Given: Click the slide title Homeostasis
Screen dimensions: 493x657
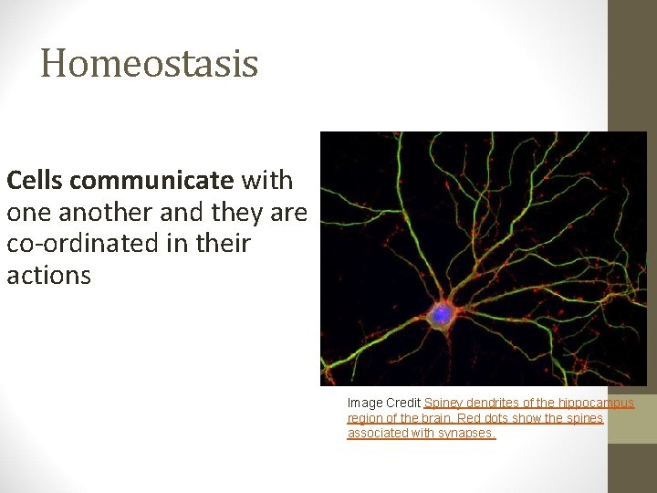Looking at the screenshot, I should click(150, 64).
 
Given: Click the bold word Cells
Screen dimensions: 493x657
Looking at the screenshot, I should click(34, 180).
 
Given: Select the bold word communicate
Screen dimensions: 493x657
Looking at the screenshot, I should click(151, 180).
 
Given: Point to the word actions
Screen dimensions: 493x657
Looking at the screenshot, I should click(48, 276).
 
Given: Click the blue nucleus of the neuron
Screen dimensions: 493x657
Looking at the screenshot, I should click(442, 314).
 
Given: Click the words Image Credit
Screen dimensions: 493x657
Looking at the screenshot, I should click(383, 403).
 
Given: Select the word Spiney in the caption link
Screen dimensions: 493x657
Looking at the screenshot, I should click(443, 403).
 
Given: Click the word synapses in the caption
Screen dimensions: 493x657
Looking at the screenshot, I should click(465, 434).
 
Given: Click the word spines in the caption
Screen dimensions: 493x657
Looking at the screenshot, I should click(583, 418).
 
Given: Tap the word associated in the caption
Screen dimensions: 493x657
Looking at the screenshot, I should click(377, 434).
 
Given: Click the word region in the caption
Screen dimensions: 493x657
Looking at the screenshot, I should click(364, 418).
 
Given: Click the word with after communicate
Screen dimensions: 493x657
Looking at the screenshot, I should click(266, 180).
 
